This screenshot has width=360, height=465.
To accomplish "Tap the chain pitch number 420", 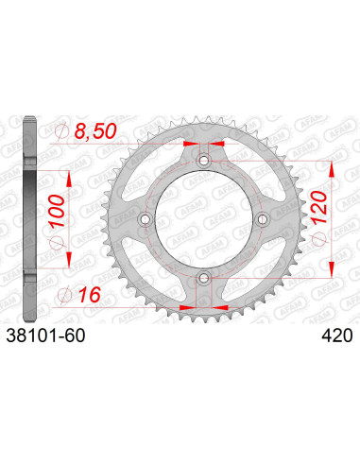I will [x=337, y=335].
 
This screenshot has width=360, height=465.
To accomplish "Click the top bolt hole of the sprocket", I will [x=203, y=162].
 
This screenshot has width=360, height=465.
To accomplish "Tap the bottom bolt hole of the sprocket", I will [x=203, y=277].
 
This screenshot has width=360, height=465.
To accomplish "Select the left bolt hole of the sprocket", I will [x=146, y=219].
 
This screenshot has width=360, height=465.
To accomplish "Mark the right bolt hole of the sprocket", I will [x=261, y=219].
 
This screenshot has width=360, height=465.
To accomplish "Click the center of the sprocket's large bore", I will [x=203, y=219].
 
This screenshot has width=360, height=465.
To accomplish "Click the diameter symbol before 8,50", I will [x=64, y=131].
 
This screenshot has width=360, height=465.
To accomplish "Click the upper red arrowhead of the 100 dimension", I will [x=66, y=177].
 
